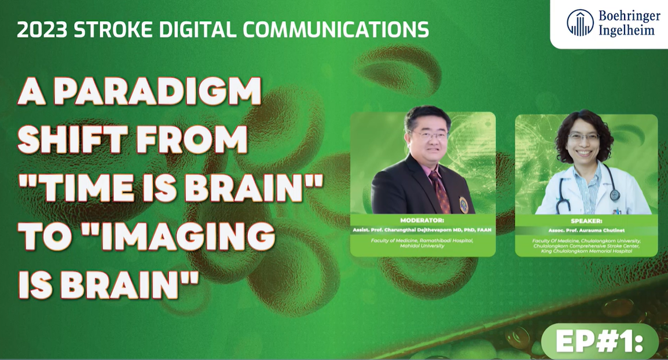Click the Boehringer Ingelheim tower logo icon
[580, 23]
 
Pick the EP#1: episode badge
[600, 342]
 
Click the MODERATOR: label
[423, 221]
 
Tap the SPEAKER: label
[586, 221]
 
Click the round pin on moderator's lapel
[464, 204]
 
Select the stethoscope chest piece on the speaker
[614, 195]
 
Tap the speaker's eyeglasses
[584, 137]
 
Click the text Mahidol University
[423, 245]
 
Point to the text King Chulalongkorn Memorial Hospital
[586, 251]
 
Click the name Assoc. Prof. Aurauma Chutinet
[586, 230]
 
